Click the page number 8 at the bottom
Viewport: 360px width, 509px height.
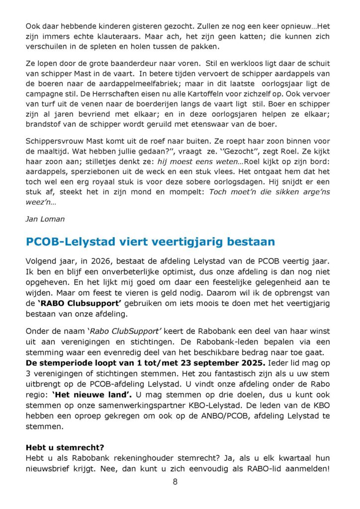[175, 481]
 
